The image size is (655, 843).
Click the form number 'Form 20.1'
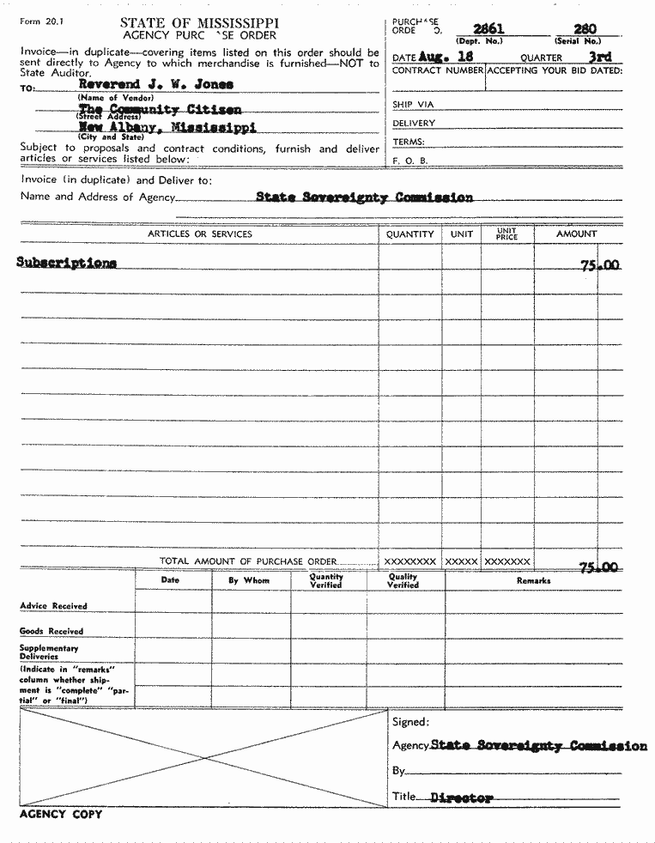(39, 21)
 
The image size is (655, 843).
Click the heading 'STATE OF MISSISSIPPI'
(199, 22)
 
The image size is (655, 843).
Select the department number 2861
(488, 29)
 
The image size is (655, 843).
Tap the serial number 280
(585, 29)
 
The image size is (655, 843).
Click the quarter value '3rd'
(599, 57)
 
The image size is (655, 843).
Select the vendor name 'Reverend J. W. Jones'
(155, 84)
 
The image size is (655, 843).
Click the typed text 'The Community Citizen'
(160, 110)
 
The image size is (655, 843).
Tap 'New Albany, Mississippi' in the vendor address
(167, 127)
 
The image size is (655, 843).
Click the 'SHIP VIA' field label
(413, 105)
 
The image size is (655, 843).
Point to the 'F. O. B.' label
(409, 161)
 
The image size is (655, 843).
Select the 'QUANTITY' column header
(409, 234)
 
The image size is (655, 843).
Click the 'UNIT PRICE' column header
(506, 233)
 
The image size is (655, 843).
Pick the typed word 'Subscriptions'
(66, 263)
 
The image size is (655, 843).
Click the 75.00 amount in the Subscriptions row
(599, 266)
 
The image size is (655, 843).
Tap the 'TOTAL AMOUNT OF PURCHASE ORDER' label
(248, 561)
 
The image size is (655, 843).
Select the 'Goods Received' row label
(52, 631)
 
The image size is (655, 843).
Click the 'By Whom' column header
(248, 581)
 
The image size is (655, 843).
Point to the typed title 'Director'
(461, 798)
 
